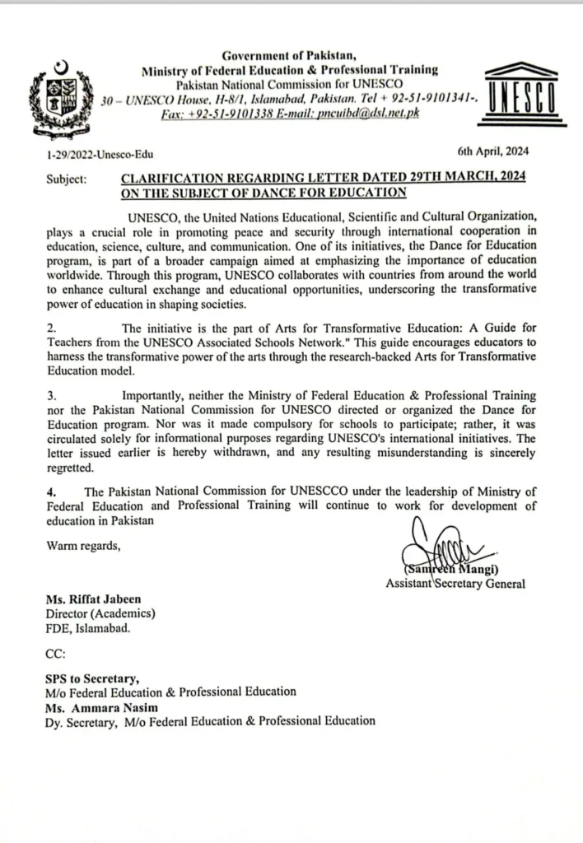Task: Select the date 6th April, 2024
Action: [x=492, y=152]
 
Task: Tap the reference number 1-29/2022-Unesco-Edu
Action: [x=100, y=154]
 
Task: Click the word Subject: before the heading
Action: [x=67, y=178]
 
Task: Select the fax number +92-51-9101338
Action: [x=233, y=113]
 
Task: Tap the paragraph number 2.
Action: [x=50, y=327]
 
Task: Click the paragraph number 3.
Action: [x=50, y=395]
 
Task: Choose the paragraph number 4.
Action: [x=50, y=492]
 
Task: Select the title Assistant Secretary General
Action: [x=455, y=584]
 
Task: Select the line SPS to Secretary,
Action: [x=92, y=678]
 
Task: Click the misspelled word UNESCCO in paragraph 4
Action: [x=315, y=492]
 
